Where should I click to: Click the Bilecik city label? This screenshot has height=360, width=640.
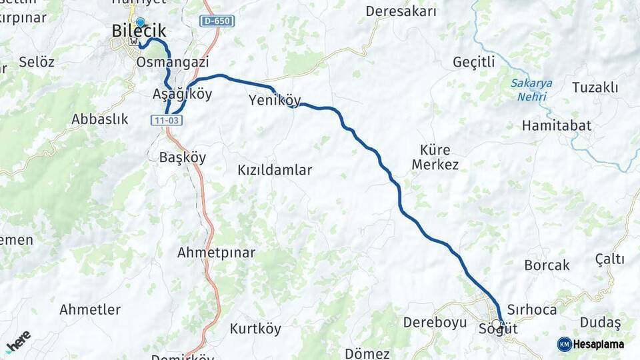click(139, 31)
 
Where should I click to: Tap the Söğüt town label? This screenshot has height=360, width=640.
click(498, 329)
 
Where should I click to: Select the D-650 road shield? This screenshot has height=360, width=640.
click(217, 21)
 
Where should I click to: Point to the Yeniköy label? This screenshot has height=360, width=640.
click(275, 101)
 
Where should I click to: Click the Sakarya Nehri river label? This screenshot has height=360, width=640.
click(531, 90)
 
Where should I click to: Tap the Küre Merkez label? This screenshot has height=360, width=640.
click(435, 157)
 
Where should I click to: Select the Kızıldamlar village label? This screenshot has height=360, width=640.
click(275, 170)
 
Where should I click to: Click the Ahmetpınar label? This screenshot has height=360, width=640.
click(216, 253)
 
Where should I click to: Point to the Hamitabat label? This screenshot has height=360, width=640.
click(557, 125)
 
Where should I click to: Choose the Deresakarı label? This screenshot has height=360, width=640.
click(401, 11)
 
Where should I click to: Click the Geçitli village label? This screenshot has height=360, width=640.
click(474, 62)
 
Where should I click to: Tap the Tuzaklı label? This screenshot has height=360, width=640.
click(595, 88)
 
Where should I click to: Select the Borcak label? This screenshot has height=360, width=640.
click(547, 265)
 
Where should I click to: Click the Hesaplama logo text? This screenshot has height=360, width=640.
click(598, 344)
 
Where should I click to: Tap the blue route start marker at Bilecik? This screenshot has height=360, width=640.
click(140, 23)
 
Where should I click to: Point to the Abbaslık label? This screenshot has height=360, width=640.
click(99, 119)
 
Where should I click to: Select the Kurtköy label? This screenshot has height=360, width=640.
click(255, 329)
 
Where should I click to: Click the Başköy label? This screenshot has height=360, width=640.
click(183, 158)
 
